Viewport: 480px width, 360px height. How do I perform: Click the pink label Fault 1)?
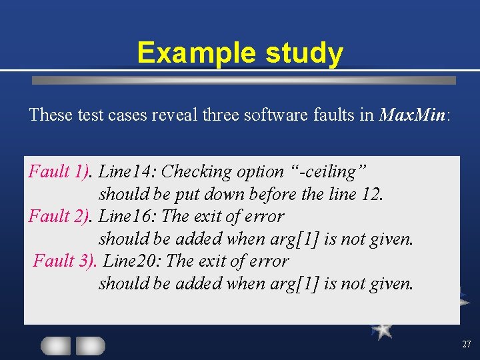click(59, 172)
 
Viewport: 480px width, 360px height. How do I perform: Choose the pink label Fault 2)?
click(59, 217)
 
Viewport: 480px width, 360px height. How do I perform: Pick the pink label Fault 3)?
click(65, 261)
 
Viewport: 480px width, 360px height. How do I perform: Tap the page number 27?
click(465, 345)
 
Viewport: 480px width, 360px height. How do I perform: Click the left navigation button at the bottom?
click(55, 345)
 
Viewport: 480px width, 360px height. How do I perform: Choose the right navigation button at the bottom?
click(90, 345)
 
